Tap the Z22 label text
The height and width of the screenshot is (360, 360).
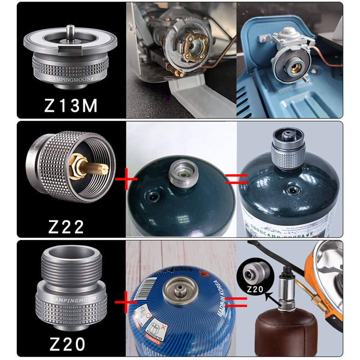click(66, 226)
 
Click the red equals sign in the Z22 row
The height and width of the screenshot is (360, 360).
click(236, 179)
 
